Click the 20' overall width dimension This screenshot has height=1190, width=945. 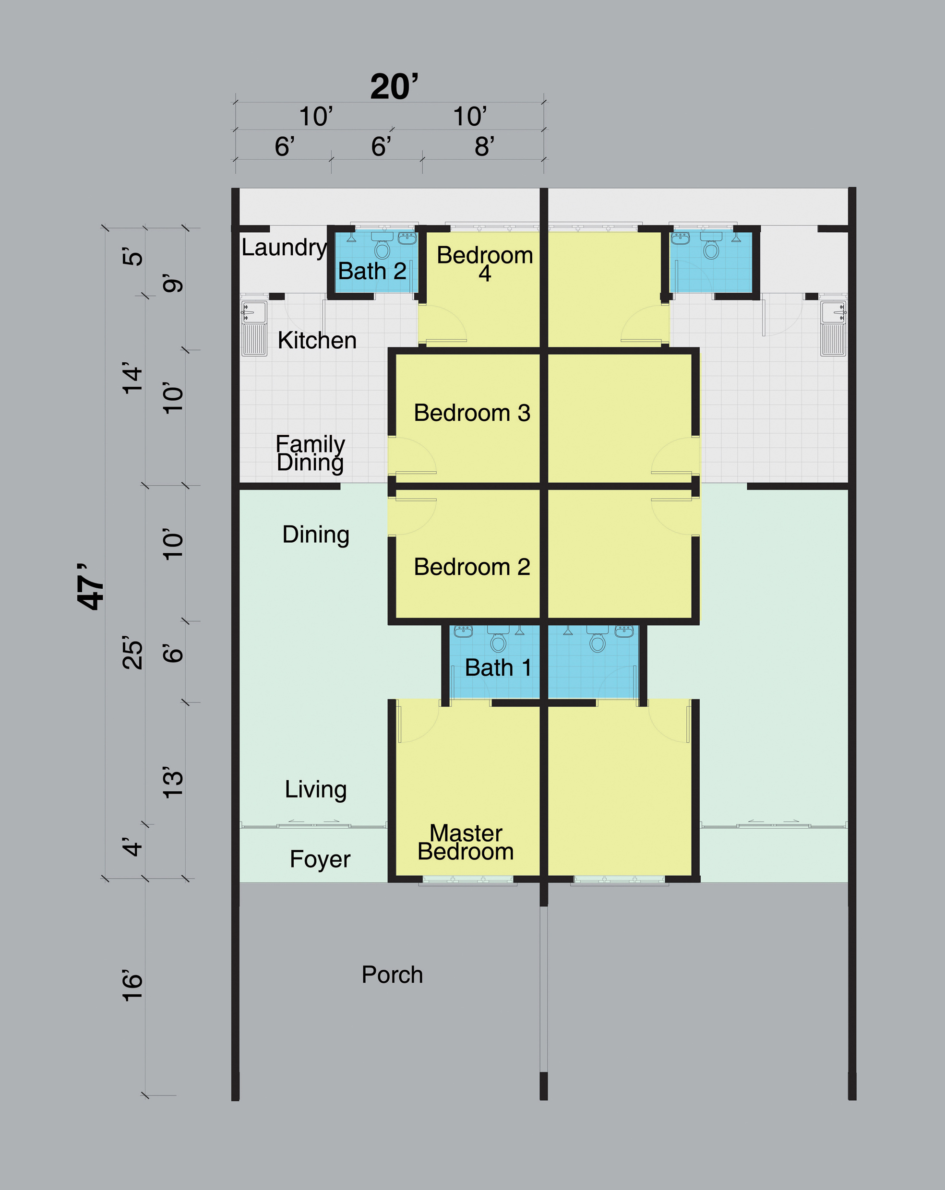pos(394,87)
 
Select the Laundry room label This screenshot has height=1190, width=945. pos(284,248)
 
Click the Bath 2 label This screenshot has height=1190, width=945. pos(372,271)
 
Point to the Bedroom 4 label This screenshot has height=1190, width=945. pos(485,264)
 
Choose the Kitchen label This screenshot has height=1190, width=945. pos(317,340)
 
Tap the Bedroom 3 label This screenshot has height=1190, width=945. pos(472,413)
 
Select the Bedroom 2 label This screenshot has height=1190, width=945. pos(472,567)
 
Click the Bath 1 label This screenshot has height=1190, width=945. pos(498,668)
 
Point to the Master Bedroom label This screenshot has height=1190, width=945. pos(466,842)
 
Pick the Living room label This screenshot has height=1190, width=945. pos(316,790)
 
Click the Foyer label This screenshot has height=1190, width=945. pos(320,859)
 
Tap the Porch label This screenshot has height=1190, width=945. pos(392,975)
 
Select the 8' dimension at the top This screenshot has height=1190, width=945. pos(484,146)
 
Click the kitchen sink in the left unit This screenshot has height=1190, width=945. pos(254,328)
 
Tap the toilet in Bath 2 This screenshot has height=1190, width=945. pos(382,246)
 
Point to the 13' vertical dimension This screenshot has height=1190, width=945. pos(172,781)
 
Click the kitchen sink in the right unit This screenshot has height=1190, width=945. pos(834,328)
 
